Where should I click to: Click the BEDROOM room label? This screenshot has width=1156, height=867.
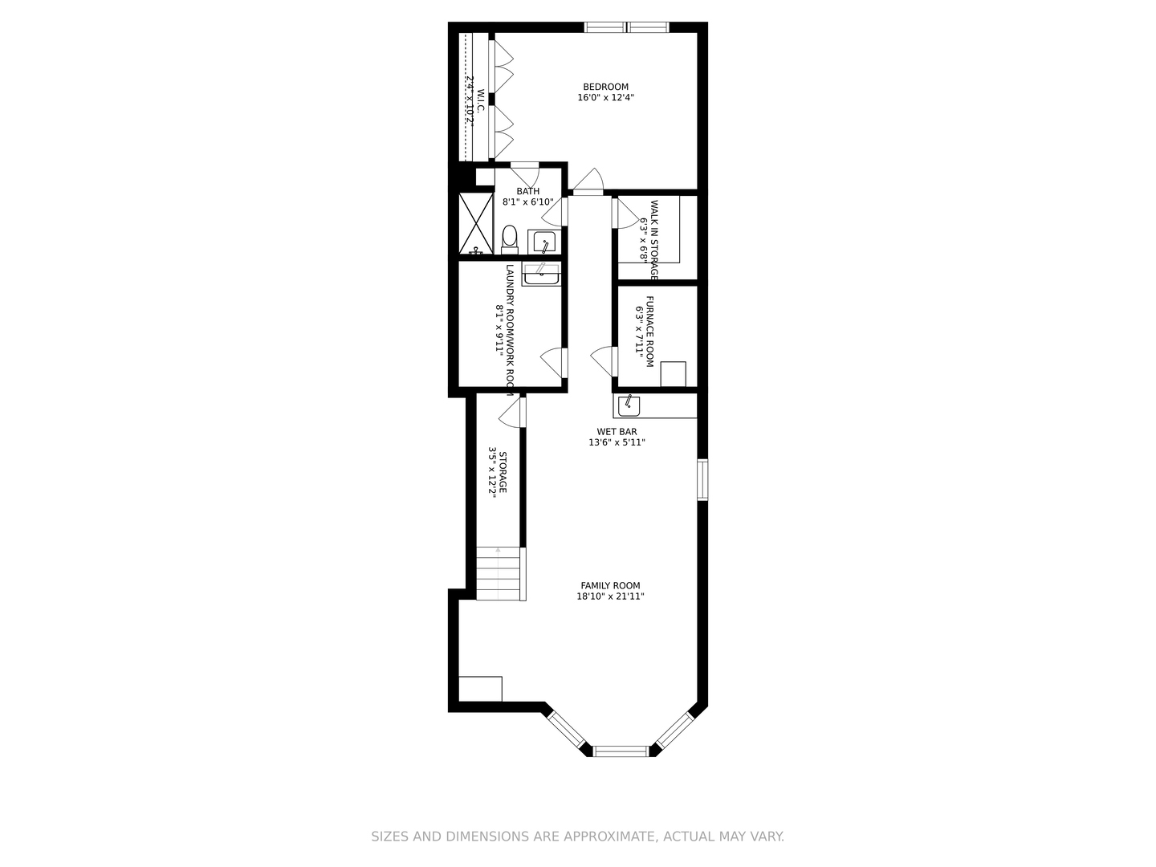[x=605, y=87]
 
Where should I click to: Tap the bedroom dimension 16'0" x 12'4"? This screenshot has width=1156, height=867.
[x=605, y=98]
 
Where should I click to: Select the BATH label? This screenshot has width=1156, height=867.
[x=527, y=191]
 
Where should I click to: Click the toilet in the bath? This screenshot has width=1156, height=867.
[x=509, y=238]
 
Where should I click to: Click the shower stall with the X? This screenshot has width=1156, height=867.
[x=474, y=223]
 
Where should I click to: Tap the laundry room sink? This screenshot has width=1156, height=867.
[x=541, y=275]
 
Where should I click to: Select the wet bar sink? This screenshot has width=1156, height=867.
[x=629, y=405]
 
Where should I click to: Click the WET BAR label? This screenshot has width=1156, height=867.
[x=617, y=432]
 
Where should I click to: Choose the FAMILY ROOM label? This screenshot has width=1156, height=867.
[x=610, y=586]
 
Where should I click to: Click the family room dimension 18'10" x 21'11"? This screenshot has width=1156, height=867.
[x=610, y=596]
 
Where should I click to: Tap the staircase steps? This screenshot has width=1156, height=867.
[x=500, y=573]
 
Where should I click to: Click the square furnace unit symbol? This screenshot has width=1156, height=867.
[x=673, y=374]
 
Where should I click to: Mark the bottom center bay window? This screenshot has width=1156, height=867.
[x=620, y=751]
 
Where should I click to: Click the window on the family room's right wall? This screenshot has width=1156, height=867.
[x=702, y=479]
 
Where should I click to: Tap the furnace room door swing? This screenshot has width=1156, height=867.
[x=603, y=360]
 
